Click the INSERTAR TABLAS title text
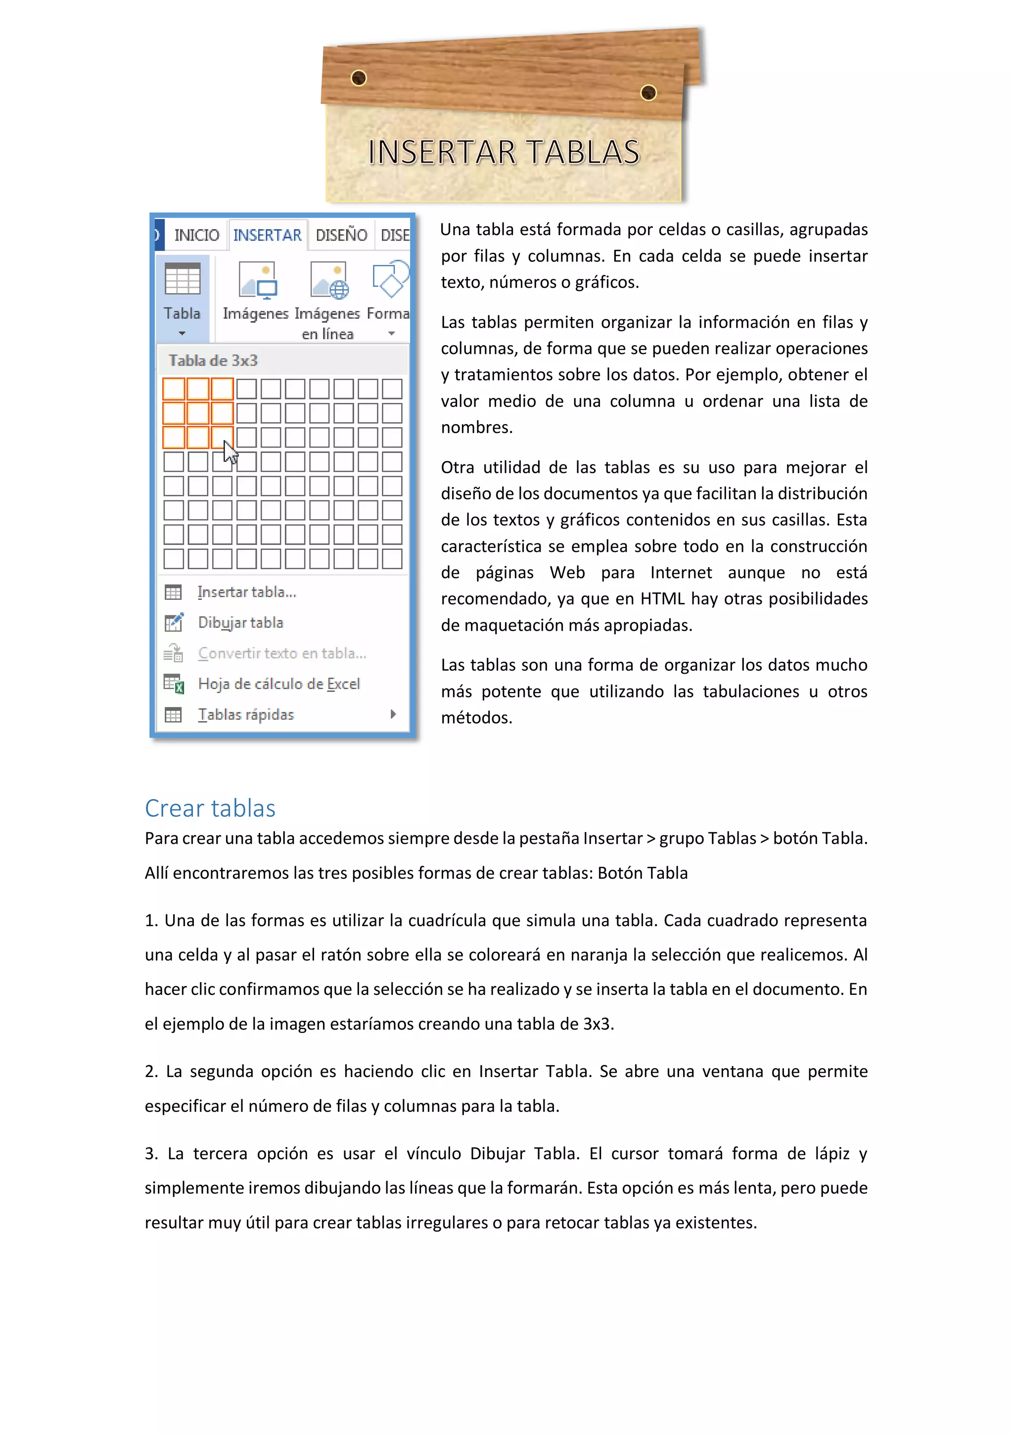tap(504, 152)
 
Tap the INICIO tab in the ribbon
tap(196, 236)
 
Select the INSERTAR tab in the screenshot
tap(267, 236)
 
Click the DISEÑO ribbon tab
tap(341, 236)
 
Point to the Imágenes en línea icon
tap(329, 281)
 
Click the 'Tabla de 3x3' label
tap(213, 361)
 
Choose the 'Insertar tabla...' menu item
tap(246, 592)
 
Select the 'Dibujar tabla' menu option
tap(240, 623)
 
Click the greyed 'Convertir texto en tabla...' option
tap(281, 653)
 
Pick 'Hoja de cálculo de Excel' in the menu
tap(278, 684)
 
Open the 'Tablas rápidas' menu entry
tap(245, 714)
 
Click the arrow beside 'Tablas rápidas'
tap(393, 714)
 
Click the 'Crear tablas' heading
tap(210, 808)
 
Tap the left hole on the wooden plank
tap(359, 78)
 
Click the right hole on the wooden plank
tap(648, 93)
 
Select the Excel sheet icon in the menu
tap(174, 684)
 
